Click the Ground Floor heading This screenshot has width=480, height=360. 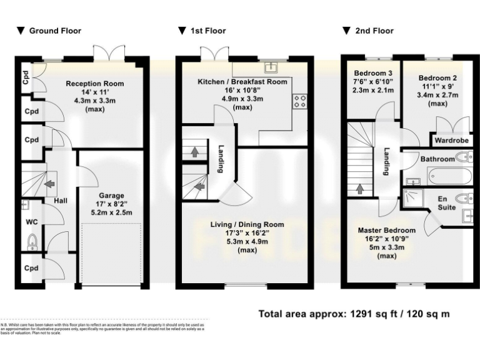pyautogui.click(x=55, y=31)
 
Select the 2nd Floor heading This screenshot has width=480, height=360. pyautogui.click(x=374, y=31)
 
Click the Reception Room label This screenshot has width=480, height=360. pyautogui.click(x=95, y=84)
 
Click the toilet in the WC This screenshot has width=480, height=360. pyautogui.click(x=34, y=240)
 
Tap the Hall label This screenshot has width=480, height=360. pyautogui.click(x=61, y=201)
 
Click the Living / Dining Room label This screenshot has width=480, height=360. pyautogui.click(x=247, y=224)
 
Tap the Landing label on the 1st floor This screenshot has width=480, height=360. pyautogui.click(x=221, y=159)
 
